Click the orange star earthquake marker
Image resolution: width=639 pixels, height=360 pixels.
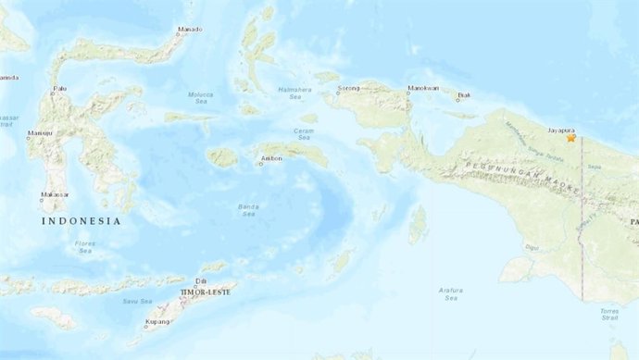pos(571,138)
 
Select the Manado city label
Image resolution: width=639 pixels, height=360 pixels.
pos(191,30)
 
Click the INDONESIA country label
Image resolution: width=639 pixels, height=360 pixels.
pos(81,221)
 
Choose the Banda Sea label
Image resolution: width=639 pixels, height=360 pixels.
pos(249,210)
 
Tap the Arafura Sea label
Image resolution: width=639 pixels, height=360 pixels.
pos(450,294)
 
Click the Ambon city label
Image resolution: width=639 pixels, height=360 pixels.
pos(270,158)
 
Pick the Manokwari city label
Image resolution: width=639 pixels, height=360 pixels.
pos(421,89)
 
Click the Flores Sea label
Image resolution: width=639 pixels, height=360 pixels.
pos(85,247)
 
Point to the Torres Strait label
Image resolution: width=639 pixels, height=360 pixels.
pos(608,314)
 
